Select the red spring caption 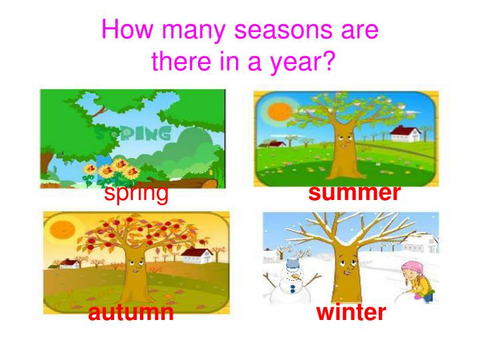pos(136,193)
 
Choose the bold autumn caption pos(131,312)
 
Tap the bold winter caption pos(351,312)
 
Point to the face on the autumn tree pos(134,267)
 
